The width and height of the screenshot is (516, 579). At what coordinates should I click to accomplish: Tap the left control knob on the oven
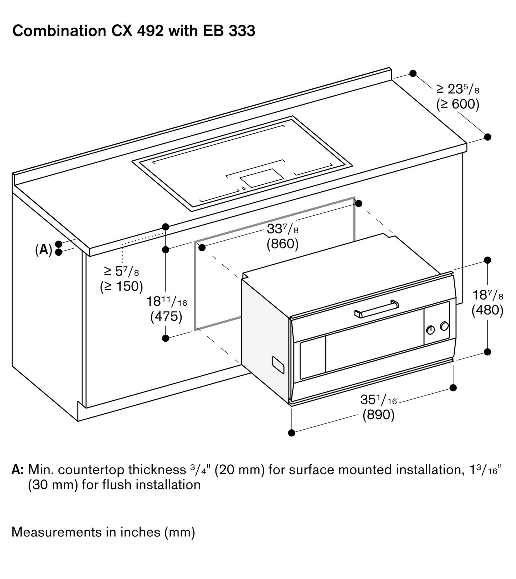[430, 330]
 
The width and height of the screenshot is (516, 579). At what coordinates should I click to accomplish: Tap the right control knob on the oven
[444, 326]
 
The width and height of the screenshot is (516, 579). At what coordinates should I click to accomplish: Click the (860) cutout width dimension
[282, 244]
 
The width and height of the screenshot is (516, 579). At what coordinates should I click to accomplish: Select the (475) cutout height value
[166, 316]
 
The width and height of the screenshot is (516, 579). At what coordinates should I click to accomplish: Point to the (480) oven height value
[487, 310]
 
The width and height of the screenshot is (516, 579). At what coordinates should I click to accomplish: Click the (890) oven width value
[378, 415]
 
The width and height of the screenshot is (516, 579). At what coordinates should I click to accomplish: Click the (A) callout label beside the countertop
[44, 249]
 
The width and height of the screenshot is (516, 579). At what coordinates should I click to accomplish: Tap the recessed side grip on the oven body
[278, 365]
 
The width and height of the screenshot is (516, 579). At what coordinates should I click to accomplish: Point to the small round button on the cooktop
[244, 189]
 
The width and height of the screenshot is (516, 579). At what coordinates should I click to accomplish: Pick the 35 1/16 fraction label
[378, 400]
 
